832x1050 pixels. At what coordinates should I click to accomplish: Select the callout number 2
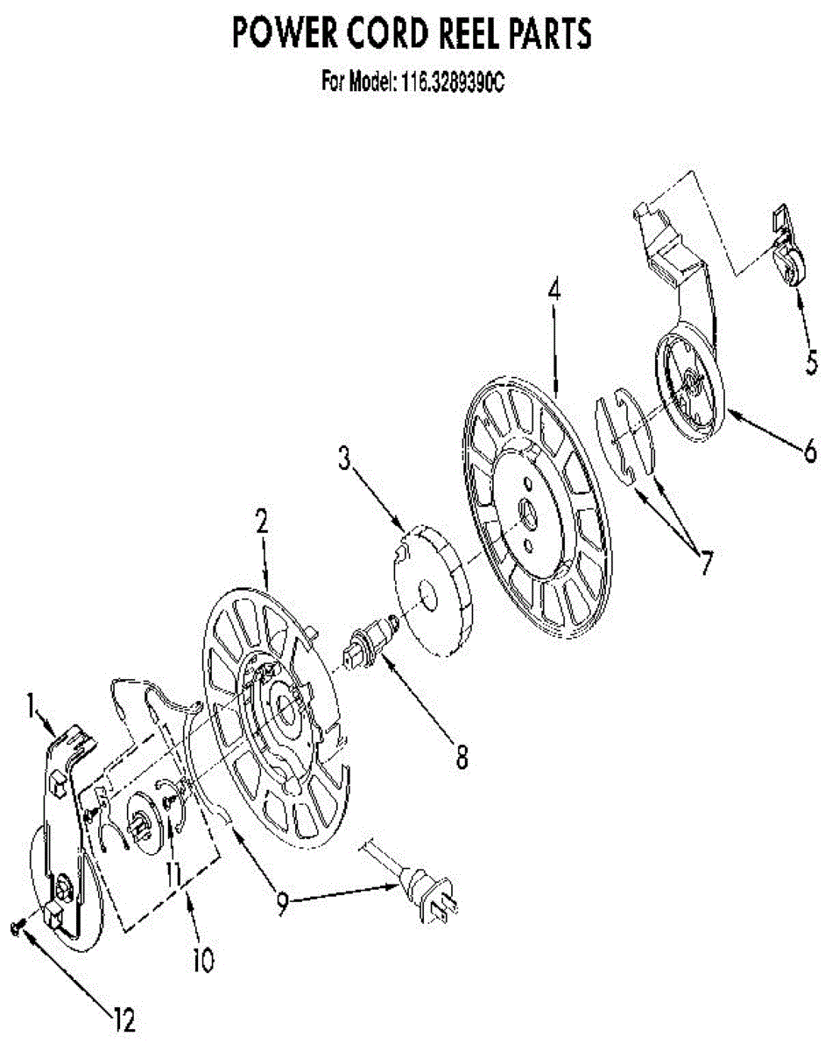261,521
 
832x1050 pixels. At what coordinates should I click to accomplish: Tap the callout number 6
810,450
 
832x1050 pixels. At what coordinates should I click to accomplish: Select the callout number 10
201,960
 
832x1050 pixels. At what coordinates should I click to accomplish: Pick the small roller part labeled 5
790,265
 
